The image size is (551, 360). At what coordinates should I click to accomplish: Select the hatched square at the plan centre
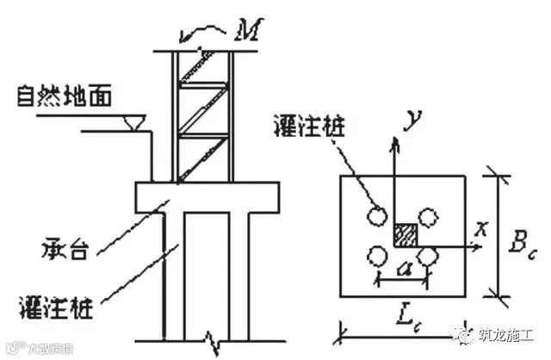pos(405,235)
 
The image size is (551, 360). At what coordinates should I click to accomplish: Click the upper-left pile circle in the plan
pos(375,216)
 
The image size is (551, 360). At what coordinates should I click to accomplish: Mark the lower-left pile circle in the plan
pos(375,256)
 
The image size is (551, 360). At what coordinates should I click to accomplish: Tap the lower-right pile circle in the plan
pos(428,255)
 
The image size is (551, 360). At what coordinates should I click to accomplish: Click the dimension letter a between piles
pos(401,270)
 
